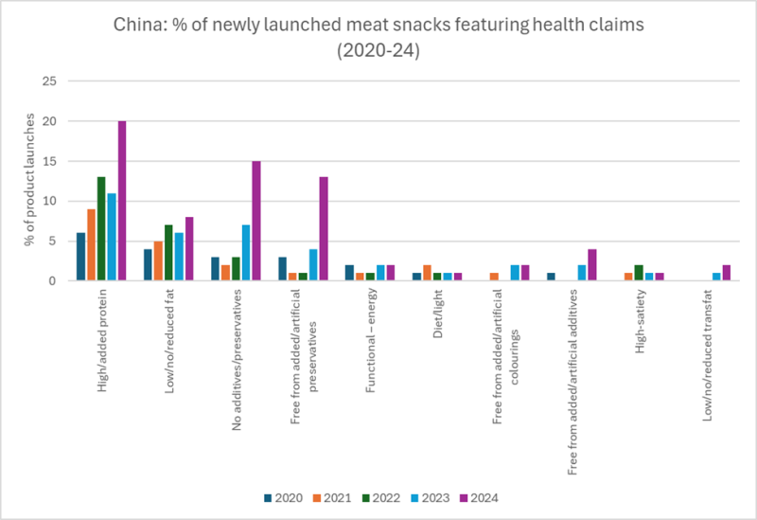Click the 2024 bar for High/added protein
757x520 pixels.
pyautogui.click(x=122, y=201)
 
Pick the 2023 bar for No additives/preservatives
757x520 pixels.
pyautogui.click(x=245, y=253)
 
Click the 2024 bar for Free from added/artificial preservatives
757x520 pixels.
pyautogui.click(x=323, y=229)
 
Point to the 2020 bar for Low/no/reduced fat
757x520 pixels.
pyautogui.click(x=148, y=265)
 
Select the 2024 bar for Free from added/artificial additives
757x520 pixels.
pyautogui.click(x=591, y=265)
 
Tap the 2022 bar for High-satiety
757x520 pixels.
pyautogui.click(x=638, y=273)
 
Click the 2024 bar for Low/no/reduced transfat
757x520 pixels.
pyautogui.click(x=726, y=273)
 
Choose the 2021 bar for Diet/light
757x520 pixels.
pyautogui.click(x=427, y=273)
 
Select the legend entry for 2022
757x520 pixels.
pyautogui.click(x=378, y=497)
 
